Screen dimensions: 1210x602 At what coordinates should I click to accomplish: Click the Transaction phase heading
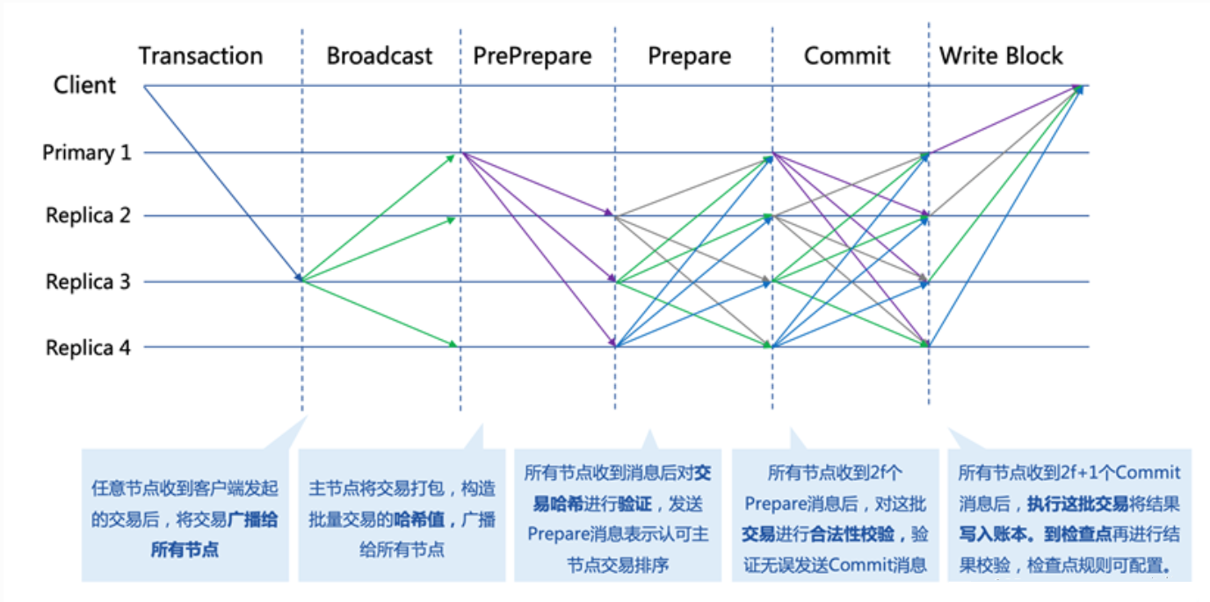tap(200, 55)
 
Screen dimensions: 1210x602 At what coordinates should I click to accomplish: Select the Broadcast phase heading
tap(380, 55)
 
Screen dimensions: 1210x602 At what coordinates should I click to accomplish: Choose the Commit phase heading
tap(847, 55)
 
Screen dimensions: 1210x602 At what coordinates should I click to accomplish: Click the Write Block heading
tap(1001, 55)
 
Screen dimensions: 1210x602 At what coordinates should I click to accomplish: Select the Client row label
tap(84, 85)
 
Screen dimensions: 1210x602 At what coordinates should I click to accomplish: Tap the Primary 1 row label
tap(87, 153)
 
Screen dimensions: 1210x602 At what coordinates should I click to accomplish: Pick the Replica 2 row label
tap(88, 215)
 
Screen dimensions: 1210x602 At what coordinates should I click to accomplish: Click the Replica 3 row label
tap(88, 281)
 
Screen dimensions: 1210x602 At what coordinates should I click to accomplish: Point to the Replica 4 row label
tap(88, 347)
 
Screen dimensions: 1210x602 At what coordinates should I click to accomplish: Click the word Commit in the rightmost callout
tap(1148, 472)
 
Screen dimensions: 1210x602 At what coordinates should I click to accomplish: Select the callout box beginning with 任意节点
tap(185, 515)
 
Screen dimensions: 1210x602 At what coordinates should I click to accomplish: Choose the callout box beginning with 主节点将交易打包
tap(402, 515)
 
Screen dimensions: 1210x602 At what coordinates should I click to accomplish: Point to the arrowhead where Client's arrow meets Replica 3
tap(299, 277)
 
